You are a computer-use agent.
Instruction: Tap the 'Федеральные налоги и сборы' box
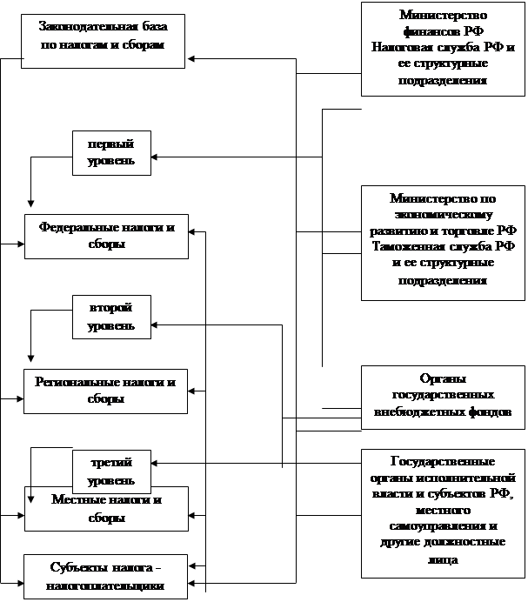tap(106, 236)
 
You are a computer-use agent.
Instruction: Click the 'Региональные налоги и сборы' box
tap(106, 390)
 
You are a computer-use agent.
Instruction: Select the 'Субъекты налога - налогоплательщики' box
tap(106, 577)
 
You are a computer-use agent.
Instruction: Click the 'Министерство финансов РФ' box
tap(443, 48)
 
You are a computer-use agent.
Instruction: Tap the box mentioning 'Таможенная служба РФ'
tap(443, 243)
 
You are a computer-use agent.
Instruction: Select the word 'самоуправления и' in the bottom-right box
tap(443, 527)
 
